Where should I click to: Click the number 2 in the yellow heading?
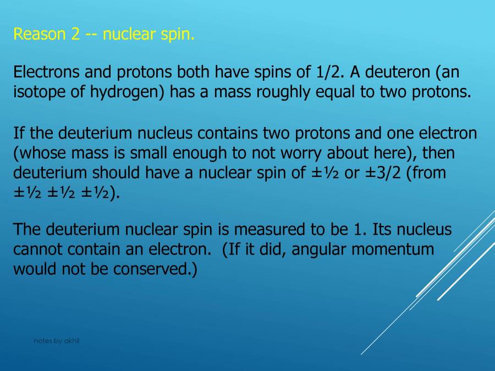tap(75, 34)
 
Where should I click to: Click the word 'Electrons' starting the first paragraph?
tap(46, 71)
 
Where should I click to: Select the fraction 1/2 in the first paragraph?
tap(328, 71)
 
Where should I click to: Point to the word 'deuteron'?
tap(398, 71)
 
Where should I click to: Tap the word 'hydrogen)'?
tap(127, 92)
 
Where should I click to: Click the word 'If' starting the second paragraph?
tap(18, 133)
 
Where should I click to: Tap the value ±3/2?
tap(383, 173)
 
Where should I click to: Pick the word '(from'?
tap(426, 173)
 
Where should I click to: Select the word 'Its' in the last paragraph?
tap(382, 229)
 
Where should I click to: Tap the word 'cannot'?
tap(38, 249)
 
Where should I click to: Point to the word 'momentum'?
tap(393, 249)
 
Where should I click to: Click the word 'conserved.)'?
tap(155, 269)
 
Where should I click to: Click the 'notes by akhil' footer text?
tap(57, 341)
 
